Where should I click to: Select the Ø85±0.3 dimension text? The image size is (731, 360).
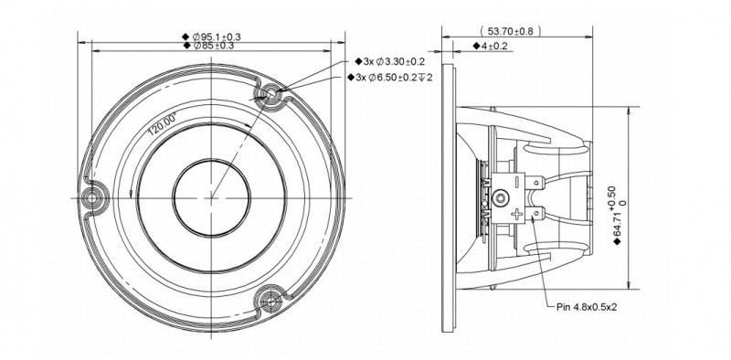[213, 46]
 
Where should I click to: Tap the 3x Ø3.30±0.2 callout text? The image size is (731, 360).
[394, 61]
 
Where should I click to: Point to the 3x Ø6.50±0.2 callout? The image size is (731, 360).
[394, 78]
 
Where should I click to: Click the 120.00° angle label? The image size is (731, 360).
[162, 123]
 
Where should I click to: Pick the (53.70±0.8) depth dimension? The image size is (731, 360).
[511, 31]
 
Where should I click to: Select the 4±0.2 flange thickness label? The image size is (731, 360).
[494, 46]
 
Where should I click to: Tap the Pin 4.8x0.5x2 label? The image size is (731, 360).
[587, 307]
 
